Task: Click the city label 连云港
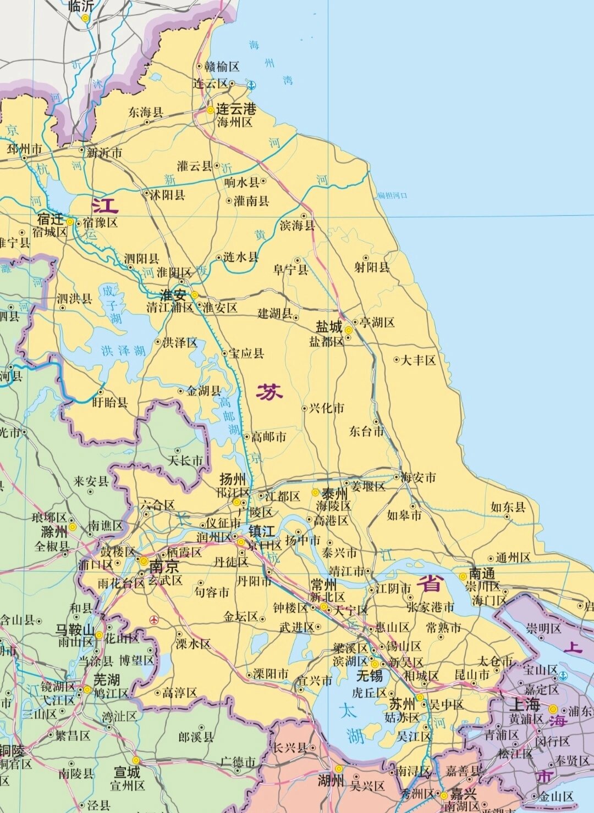[236, 109]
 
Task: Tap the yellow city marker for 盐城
[348, 330]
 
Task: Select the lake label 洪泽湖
[123, 350]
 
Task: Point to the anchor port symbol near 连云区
[251, 85]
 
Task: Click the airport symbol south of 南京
[153, 620]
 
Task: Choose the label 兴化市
[326, 408]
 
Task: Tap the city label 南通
[482, 574]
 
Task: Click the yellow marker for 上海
[553, 709]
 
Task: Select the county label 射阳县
[372, 268]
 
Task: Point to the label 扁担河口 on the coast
[392, 196]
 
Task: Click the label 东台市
[366, 431]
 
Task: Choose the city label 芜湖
[107, 679]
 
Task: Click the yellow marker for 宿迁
[70, 221]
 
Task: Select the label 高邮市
[268, 437]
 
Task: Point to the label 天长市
[185, 460]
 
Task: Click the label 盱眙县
[110, 402]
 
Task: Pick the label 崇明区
[543, 628]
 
